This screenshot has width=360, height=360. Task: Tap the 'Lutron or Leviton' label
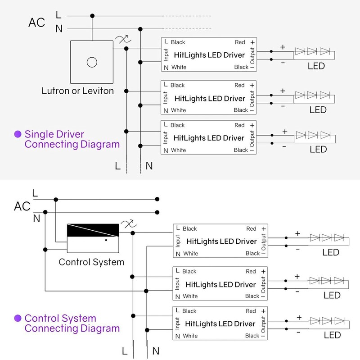pyautogui.click(x=77, y=91)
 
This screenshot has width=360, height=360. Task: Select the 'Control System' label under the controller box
pyautogui.click(x=91, y=262)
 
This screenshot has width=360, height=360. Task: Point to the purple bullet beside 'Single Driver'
pyautogui.click(x=18, y=134)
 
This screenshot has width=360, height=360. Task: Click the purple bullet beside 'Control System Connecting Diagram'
pyautogui.click(x=18, y=318)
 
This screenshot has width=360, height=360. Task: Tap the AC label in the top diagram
pyautogui.click(x=36, y=23)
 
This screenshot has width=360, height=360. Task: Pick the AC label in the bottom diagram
pyautogui.click(x=22, y=206)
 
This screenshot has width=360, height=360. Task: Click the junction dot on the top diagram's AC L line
pyautogui.click(x=92, y=16)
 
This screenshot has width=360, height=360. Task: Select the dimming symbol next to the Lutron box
pyautogui.click(x=123, y=39)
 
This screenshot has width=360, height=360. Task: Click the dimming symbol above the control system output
pyautogui.click(x=129, y=224)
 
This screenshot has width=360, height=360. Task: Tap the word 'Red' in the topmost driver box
pyautogui.click(x=240, y=42)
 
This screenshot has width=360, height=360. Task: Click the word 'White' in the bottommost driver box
pyautogui.click(x=190, y=336)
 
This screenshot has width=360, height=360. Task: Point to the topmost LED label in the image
pyautogui.click(x=316, y=66)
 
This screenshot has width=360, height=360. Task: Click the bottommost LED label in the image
pyautogui.click(x=332, y=335)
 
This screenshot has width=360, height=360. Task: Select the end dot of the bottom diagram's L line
pyautogui.click(x=157, y=199)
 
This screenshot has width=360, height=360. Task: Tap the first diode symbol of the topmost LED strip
pyautogui.click(x=300, y=51)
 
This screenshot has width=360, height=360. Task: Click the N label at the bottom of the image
pyautogui.click(x=156, y=351)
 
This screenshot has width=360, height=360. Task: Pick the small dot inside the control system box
pyautogui.click(x=106, y=240)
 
